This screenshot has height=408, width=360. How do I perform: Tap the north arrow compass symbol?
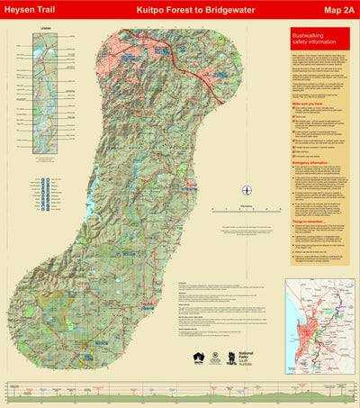click(x=247, y=189)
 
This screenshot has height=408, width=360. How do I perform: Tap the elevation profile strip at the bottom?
click(x=180, y=393)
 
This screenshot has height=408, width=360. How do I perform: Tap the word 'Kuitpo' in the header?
click(x=150, y=12)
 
